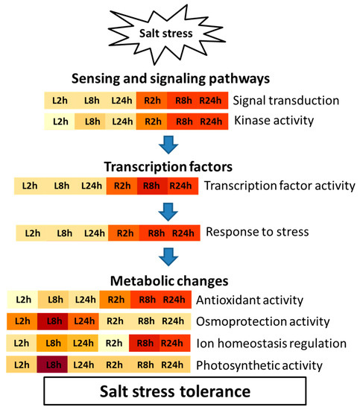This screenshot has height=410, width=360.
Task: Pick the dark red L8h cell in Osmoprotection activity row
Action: click(54, 322)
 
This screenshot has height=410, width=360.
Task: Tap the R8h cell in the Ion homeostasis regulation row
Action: click(146, 344)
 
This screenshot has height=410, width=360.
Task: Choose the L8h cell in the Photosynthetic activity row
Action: click(54, 365)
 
